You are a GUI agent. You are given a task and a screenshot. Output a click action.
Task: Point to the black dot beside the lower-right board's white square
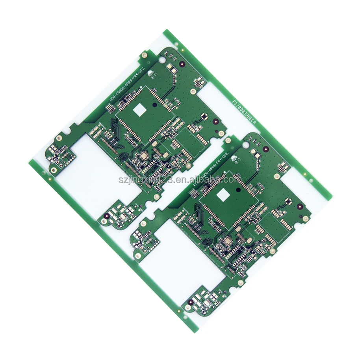[239, 190]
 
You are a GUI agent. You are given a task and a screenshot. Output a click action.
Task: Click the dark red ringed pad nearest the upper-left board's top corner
[182, 63]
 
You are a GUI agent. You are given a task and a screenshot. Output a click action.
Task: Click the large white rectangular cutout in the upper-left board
[106, 166]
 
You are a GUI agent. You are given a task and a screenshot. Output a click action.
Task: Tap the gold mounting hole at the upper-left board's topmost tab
[145, 56]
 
